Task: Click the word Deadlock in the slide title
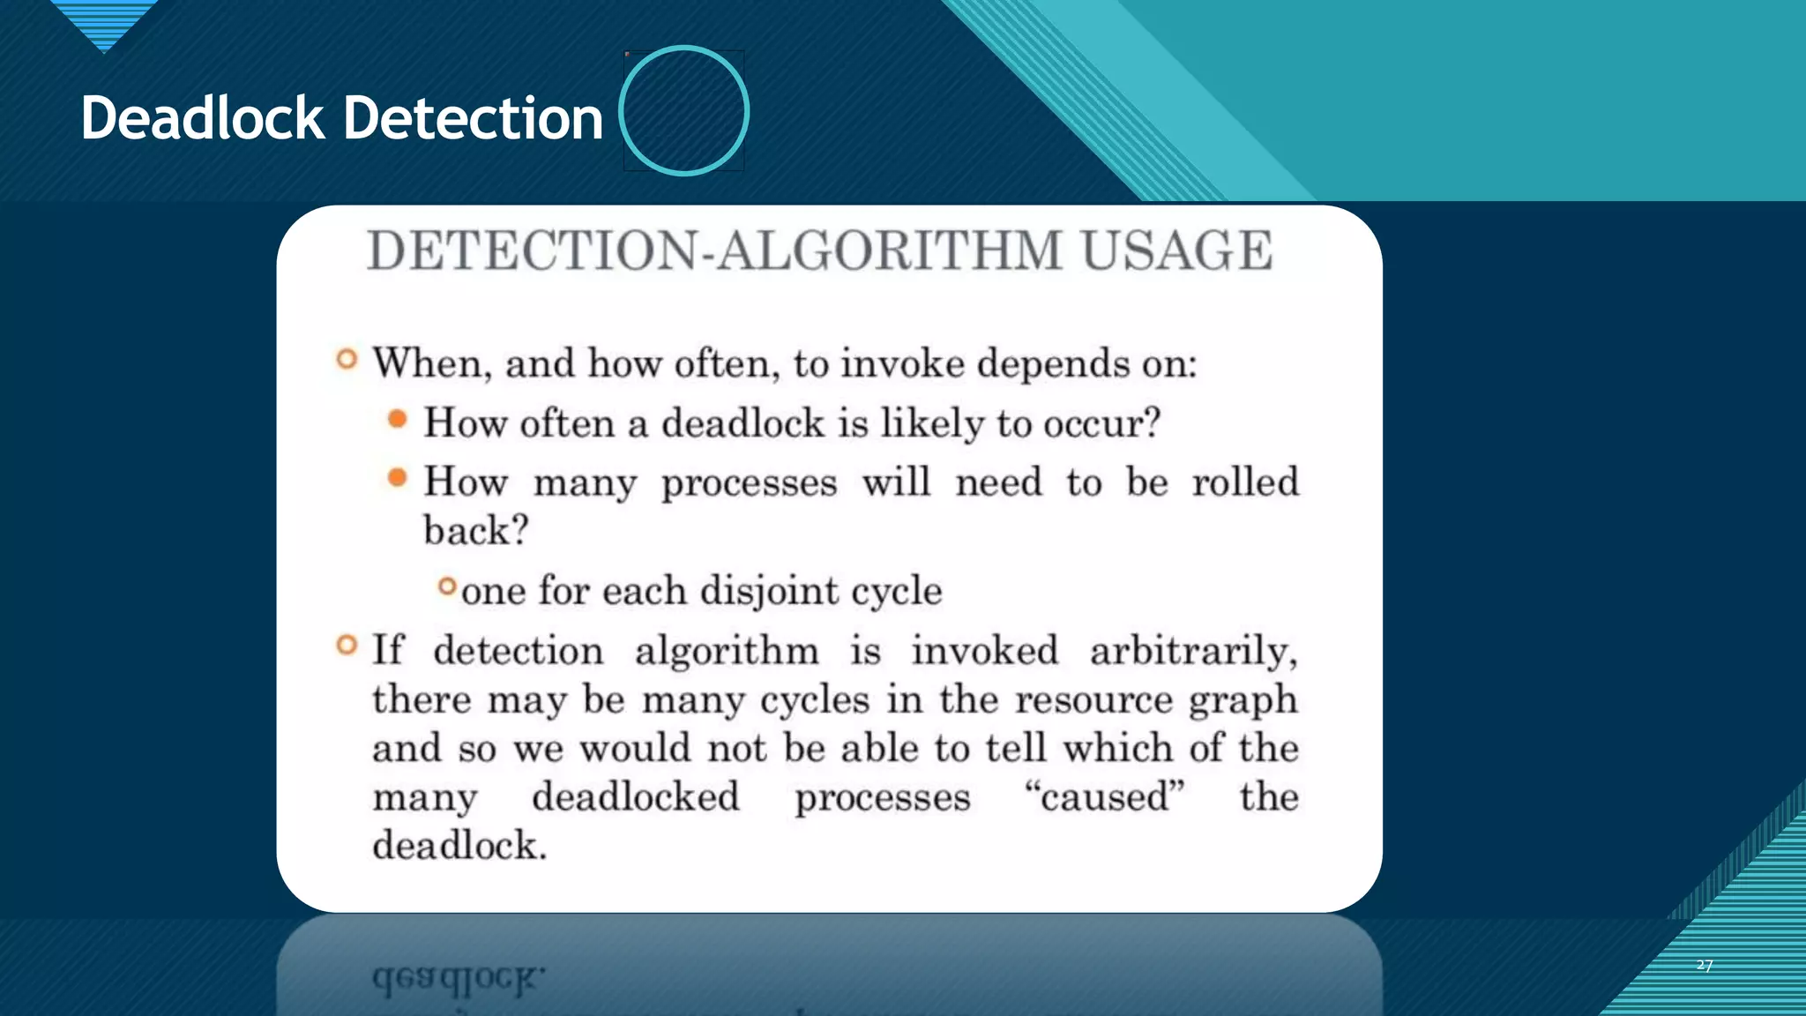(x=203, y=118)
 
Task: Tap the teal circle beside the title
(x=683, y=110)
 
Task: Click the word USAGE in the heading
(x=1176, y=250)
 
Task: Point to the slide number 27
(x=1705, y=966)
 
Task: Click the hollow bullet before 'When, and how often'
(x=347, y=359)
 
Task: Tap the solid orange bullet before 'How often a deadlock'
(x=398, y=419)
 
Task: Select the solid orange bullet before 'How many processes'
(x=398, y=478)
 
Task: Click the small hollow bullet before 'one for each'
(x=448, y=586)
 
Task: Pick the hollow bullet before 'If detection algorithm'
(x=347, y=646)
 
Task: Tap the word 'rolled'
(x=1245, y=482)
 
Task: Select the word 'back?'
(x=475, y=531)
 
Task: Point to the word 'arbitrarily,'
(x=1193, y=652)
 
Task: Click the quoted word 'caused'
(x=1104, y=796)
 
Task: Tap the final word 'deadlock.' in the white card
(x=459, y=845)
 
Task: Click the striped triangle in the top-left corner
(x=104, y=23)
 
